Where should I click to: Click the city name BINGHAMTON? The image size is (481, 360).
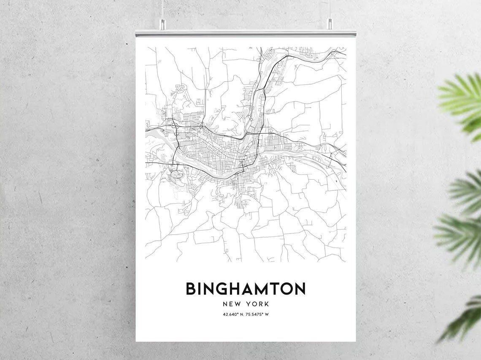coord(246,289)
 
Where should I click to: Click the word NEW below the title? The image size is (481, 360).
coord(232,304)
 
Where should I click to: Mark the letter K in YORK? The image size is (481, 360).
coord(267,304)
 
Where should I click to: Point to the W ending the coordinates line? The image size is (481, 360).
coord(267,314)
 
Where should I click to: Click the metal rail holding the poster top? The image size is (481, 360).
coord(246,33)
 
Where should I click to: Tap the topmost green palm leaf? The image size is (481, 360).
coord(462,97)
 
